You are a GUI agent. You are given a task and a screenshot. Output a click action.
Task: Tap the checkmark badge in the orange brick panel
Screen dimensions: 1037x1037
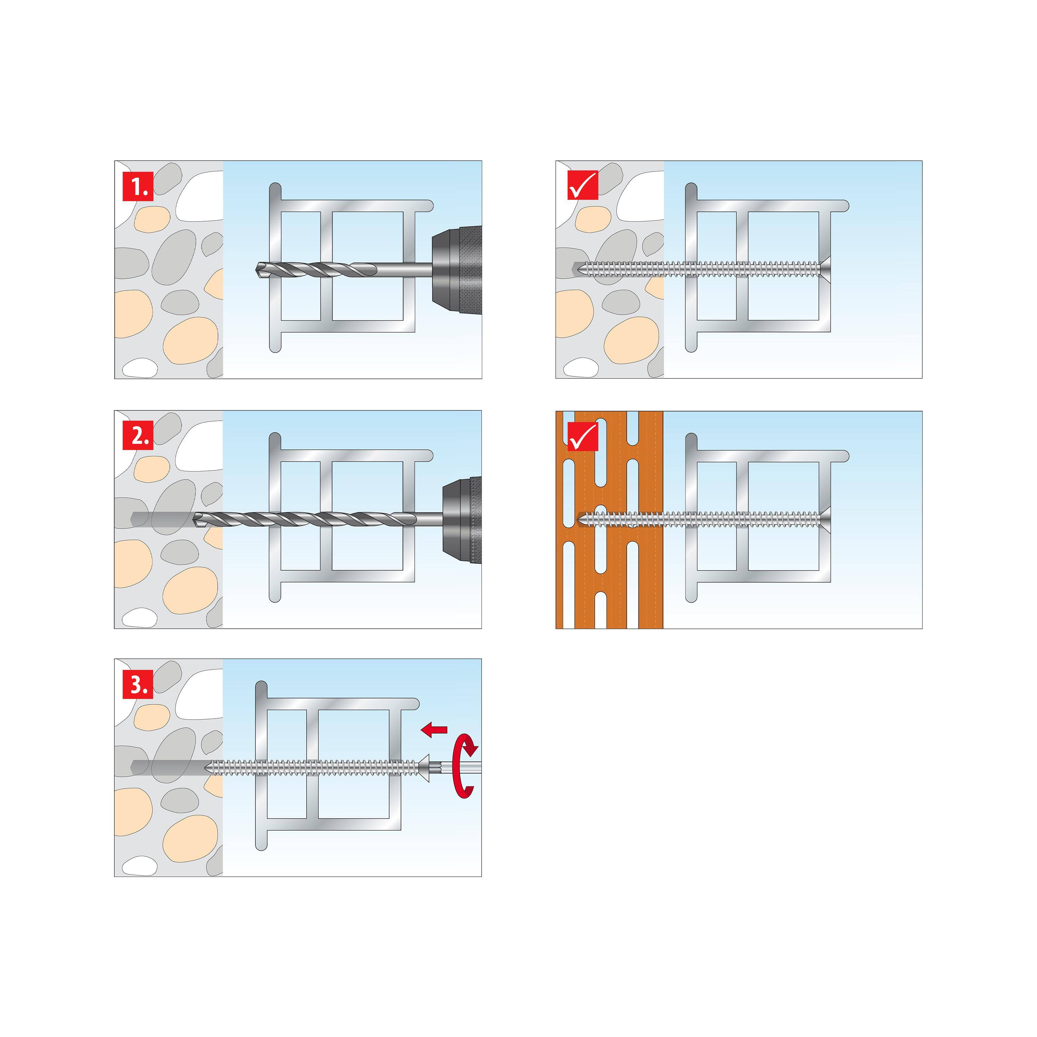(583, 436)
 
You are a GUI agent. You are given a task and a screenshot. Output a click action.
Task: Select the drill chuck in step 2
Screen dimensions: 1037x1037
(461, 519)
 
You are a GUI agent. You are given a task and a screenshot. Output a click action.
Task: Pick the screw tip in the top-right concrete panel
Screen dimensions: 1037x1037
(576, 268)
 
